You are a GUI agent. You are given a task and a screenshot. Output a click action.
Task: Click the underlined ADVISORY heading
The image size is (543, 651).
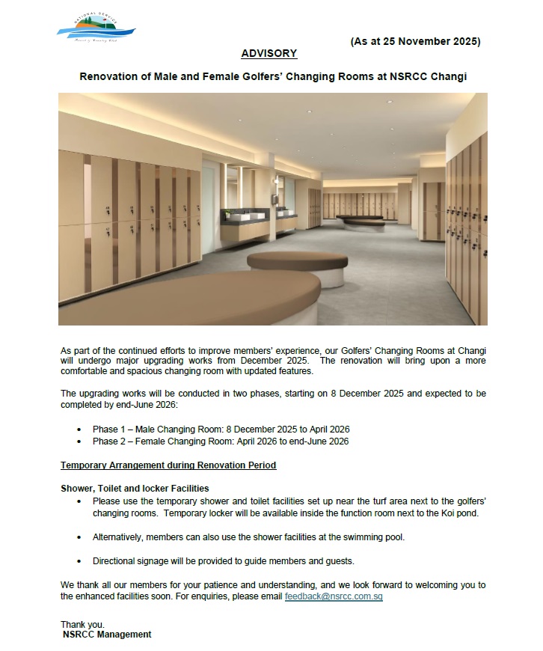[x=269, y=54]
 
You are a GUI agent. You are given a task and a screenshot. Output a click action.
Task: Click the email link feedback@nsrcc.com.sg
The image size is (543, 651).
[x=334, y=597]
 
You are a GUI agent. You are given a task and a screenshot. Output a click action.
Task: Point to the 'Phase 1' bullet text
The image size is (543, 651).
[x=108, y=430]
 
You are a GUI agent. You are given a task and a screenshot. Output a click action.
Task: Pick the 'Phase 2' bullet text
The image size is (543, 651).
[x=108, y=441]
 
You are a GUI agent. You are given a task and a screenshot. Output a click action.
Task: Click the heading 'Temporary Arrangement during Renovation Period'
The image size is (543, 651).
[x=168, y=465]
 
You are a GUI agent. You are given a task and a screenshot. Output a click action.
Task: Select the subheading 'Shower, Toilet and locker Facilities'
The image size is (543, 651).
[x=135, y=489]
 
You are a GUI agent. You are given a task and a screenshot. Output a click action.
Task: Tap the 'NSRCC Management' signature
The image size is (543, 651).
[x=107, y=635]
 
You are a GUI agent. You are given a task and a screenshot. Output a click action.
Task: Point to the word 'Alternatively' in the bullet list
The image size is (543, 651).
[x=118, y=537]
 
